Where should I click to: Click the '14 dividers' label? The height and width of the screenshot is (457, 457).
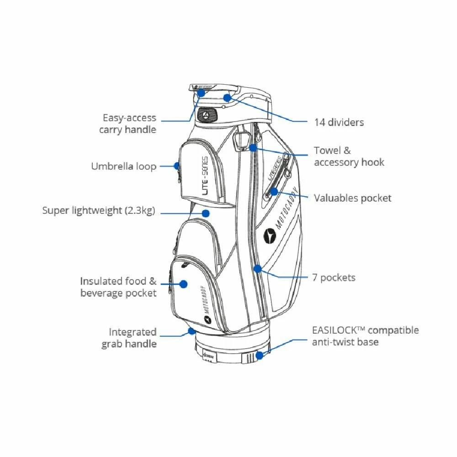pos(339,122)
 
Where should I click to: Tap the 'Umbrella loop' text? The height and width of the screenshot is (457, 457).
pos(123,166)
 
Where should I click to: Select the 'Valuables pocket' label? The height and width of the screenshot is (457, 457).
pos(352,198)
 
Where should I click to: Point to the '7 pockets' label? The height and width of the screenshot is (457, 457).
pos(334,277)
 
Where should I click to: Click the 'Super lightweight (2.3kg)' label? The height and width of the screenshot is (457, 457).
pos(99,211)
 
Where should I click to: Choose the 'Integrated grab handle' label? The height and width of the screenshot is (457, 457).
pos(129,338)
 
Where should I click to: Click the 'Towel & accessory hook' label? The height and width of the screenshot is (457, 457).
pos(349,156)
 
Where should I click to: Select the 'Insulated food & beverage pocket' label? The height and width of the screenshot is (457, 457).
pos(118,287)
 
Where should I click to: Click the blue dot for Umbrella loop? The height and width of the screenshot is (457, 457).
pos(177,166)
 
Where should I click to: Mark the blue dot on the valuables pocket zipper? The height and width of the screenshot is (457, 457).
pos(273,191)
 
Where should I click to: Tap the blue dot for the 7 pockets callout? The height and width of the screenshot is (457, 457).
pos(258,269)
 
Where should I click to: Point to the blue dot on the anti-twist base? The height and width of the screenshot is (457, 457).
pos(260,355)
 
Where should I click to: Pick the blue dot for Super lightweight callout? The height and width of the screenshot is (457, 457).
pos(206,213)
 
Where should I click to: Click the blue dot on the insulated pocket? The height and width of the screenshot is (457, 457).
pos(183,284)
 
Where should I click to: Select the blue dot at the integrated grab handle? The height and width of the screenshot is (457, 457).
pos(191,330)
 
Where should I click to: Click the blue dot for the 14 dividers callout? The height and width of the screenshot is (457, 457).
pos(227,97)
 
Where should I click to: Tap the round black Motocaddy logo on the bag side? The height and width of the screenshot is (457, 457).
pos(270,235)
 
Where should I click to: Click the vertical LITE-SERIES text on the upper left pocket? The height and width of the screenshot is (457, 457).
pos(204,173)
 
